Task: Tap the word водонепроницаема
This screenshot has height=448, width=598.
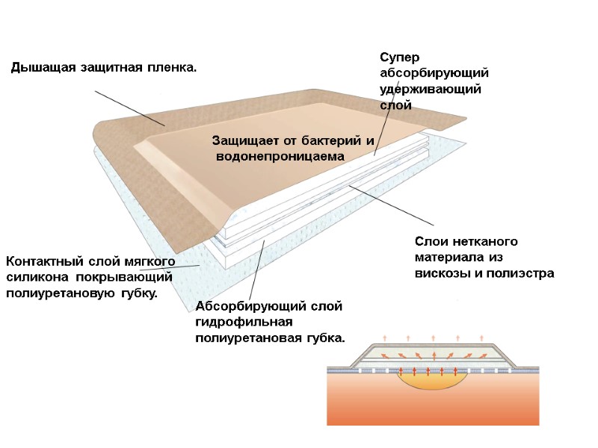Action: [280, 158]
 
